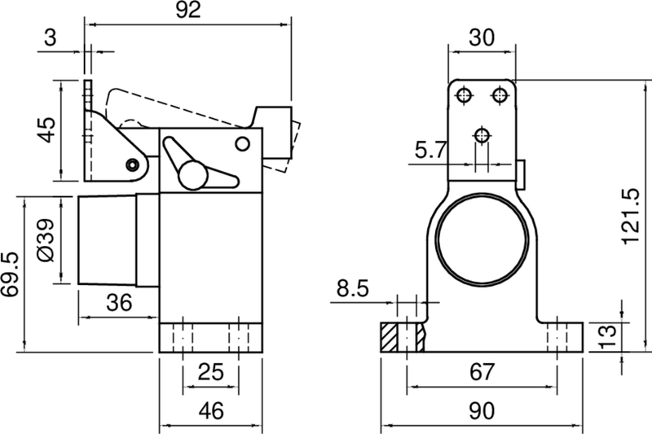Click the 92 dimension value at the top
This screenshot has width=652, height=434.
click(x=189, y=11)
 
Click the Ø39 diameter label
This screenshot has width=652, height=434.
click(x=46, y=241)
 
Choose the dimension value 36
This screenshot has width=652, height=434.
click(x=119, y=303)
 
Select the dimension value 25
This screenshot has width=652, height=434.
click(x=211, y=373)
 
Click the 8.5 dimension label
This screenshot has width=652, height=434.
click(x=352, y=287)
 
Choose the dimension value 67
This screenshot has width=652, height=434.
click(x=482, y=373)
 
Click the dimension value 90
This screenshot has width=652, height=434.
click(x=482, y=411)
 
